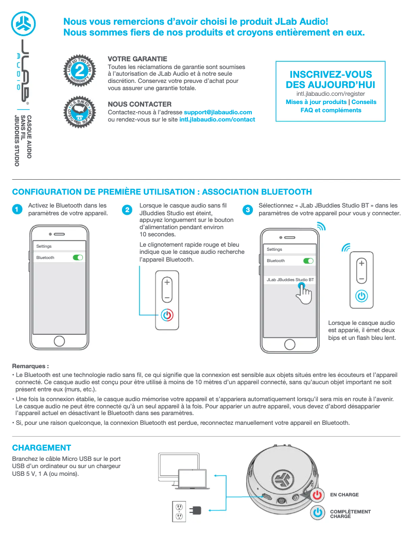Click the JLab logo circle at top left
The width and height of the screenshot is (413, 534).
pyautogui.click(x=23, y=23)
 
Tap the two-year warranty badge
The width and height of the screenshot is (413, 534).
pyautogui.click(x=79, y=69)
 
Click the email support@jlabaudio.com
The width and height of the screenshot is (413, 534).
pyautogui.click(x=218, y=112)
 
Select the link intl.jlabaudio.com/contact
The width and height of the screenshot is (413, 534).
pyautogui.click(x=217, y=119)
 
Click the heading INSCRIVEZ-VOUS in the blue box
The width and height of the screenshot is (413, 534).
pyautogui.click(x=331, y=74)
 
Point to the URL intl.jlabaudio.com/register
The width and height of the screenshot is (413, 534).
pyautogui.click(x=331, y=94)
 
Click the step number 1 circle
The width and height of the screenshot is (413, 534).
pyautogui.click(x=17, y=210)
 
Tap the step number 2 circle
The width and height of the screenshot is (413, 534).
pyautogui.click(x=127, y=210)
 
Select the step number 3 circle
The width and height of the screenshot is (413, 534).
pyautogui.click(x=247, y=210)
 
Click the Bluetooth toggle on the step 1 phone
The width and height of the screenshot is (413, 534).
pyautogui.click(x=78, y=257)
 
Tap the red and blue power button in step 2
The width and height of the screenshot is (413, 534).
pyautogui.click(x=167, y=315)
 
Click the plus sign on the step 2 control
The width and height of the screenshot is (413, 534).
pyautogui.click(x=167, y=282)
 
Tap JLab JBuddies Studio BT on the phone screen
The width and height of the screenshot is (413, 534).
pyautogui.click(x=290, y=280)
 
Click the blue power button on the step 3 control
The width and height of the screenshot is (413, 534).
pyautogui.click(x=362, y=296)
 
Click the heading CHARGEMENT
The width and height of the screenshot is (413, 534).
pyautogui.click(x=41, y=447)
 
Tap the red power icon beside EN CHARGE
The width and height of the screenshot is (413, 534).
pyautogui.click(x=318, y=495)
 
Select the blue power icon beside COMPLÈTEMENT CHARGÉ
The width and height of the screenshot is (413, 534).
pyautogui.click(x=318, y=513)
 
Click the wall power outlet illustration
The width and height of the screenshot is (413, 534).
pyautogui.click(x=179, y=511)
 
